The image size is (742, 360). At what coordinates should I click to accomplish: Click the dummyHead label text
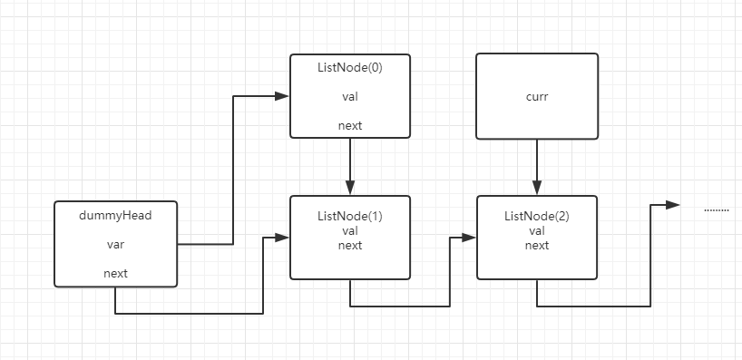tap(115, 215)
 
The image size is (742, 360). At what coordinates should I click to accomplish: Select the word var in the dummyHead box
tap(115, 244)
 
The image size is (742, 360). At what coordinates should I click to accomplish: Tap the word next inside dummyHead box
tap(115, 273)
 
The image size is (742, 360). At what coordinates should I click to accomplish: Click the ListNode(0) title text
tap(349, 67)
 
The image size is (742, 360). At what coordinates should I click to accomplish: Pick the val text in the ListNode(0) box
tap(349, 96)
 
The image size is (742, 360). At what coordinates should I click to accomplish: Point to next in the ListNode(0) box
tap(349, 125)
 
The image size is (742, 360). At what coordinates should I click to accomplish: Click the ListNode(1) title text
tap(349, 218)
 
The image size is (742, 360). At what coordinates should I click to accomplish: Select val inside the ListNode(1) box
tap(349, 231)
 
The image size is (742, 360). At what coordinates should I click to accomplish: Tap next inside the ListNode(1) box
tap(349, 245)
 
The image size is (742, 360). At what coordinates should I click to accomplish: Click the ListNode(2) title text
tap(537, 218)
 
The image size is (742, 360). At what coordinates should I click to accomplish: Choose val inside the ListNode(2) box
tap(537, 231)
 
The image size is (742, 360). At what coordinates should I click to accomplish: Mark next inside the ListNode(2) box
tap(537, 245)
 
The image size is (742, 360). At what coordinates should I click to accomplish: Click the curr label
tap(537, 96)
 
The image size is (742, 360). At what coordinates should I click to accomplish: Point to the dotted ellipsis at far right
tap(717, 209)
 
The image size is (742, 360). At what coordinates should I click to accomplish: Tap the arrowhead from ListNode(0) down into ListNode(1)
tap(350, 188)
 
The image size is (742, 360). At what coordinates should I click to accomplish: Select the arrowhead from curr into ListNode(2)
tap(537, 188)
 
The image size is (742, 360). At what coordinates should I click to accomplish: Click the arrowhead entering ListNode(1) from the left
tap(282, 238)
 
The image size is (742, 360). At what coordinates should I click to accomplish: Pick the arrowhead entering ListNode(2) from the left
tap(469, 238)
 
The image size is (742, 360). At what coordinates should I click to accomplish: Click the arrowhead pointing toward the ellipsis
tap(672, 205)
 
